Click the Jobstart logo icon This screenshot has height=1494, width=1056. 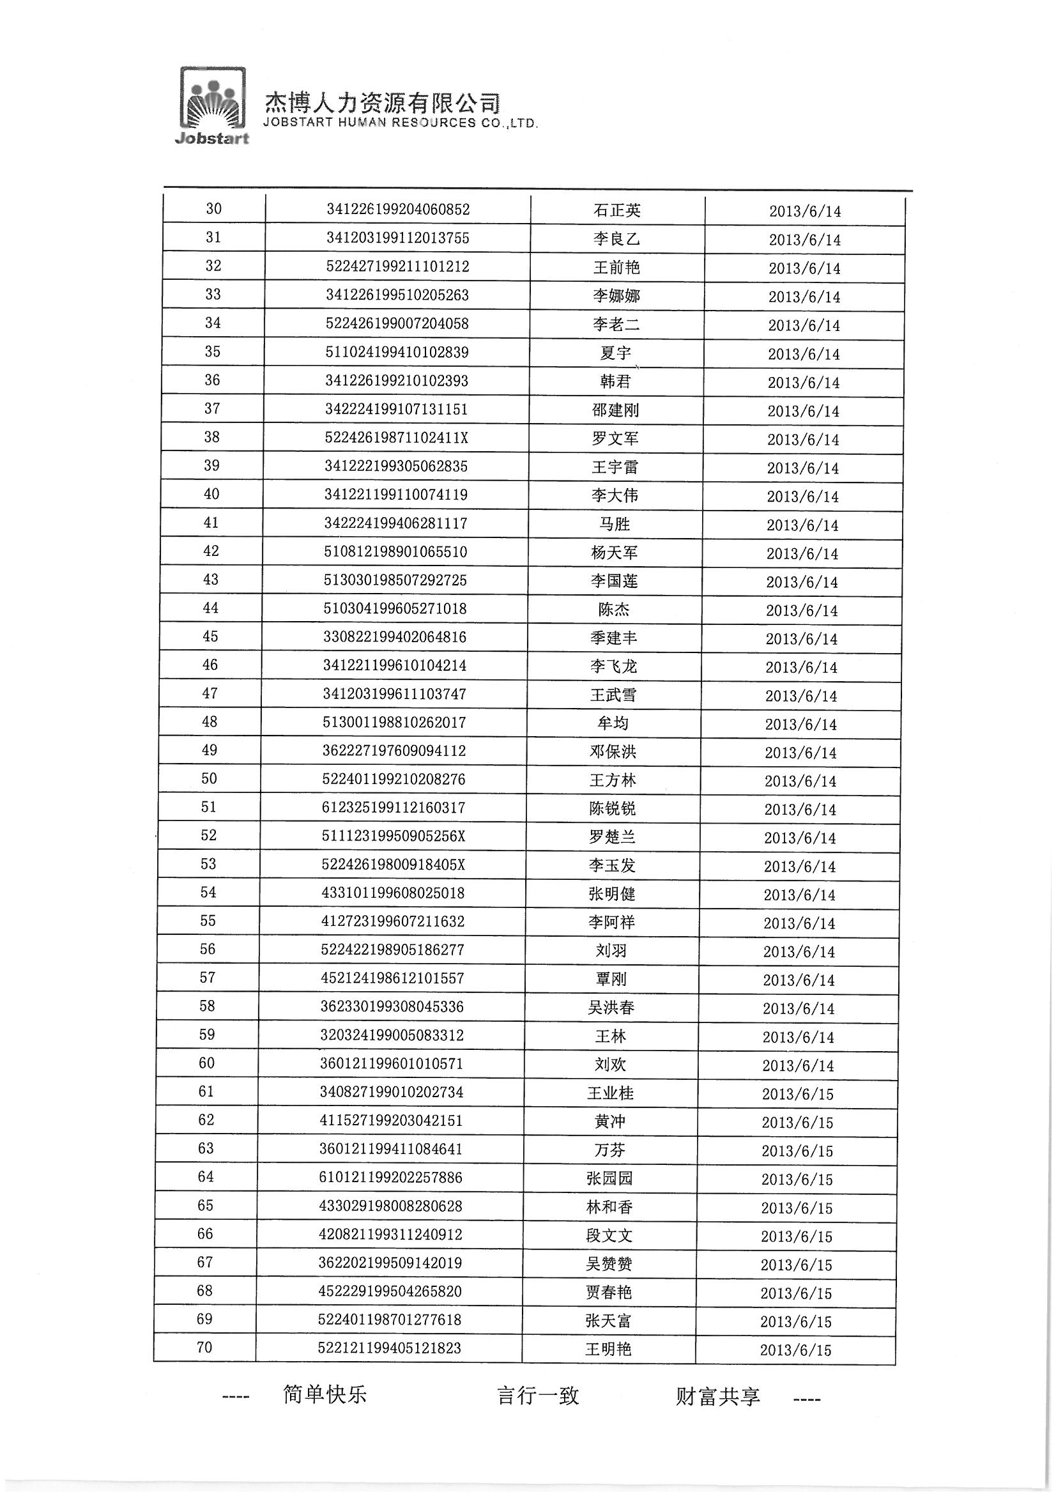tap(213, 104)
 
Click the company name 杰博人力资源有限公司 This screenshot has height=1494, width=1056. tap(383, 103)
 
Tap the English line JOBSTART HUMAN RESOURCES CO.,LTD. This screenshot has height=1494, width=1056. tap(400, 123)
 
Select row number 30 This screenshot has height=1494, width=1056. tap(213, 209)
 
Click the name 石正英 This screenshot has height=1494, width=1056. tap(617, 210)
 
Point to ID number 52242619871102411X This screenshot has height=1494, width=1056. tap(396, 438)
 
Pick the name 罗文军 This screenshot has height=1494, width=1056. tap(615, 438)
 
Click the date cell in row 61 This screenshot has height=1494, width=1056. tap(798, 1094)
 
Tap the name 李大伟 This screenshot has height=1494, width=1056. tap(615, 496)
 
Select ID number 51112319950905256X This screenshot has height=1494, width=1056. tap(394, 836)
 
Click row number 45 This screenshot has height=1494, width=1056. tap(210, 636)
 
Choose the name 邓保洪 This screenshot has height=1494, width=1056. tap(613, 751)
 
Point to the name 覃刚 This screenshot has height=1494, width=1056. tap(611, 980)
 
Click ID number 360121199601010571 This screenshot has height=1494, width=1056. tap(392, 1064)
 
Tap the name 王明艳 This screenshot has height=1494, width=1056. tap(608, 1349)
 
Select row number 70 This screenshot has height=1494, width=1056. tap(204, 1347)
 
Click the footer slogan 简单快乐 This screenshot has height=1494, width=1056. tap(325, 1394)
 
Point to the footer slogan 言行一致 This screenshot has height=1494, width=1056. tap(538, 1396)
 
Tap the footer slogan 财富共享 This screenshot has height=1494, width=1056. tap(717, 1396)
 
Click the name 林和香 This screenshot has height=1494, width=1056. tap(609, 1207)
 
